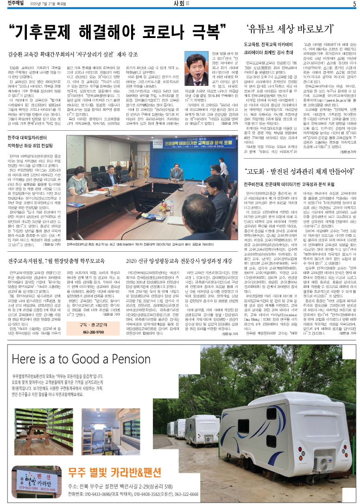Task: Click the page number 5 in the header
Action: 354,4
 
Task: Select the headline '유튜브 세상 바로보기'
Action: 290,27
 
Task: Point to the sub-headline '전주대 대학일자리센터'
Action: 31,151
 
